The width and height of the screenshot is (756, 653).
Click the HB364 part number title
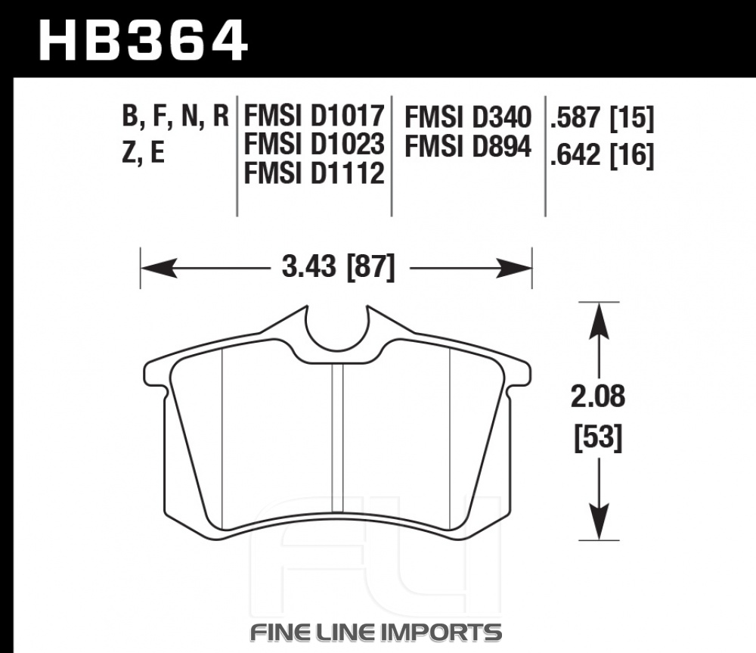coord(143,41)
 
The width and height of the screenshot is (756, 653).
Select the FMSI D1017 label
coord(314,116)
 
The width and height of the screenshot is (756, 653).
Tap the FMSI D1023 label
coord(314,145)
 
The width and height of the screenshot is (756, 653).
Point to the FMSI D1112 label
coord(314,173)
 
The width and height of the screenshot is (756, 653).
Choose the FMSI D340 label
coord(468,117)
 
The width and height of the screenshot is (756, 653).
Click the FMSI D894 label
coord(468,146)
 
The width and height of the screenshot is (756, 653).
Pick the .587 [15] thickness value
coord(603,119)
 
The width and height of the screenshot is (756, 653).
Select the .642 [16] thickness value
coord(603,155)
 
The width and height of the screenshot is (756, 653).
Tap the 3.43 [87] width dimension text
coord(338,267)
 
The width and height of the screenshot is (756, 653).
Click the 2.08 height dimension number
coord(598,396)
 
